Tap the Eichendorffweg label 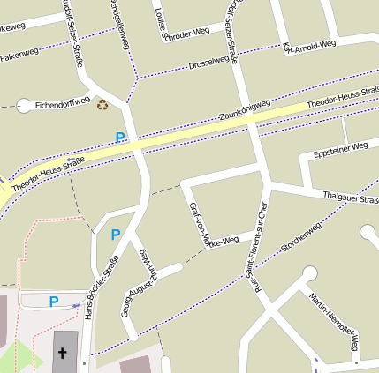pyautogui.click(x=63, y=104)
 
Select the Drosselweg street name pyautogui.click(x=208, y=63)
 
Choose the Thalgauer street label pyautogui.click(x=351, y=197)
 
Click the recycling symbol pyautogui.click(x=102, y=104)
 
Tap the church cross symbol pyautogui.click(x=63, y=354)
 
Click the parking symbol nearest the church pyautogui.click(x=53, y=302)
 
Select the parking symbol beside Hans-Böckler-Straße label pyautogui.click(x=115, y=235)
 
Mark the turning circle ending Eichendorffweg pyautogui.click(x=24, y=105)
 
